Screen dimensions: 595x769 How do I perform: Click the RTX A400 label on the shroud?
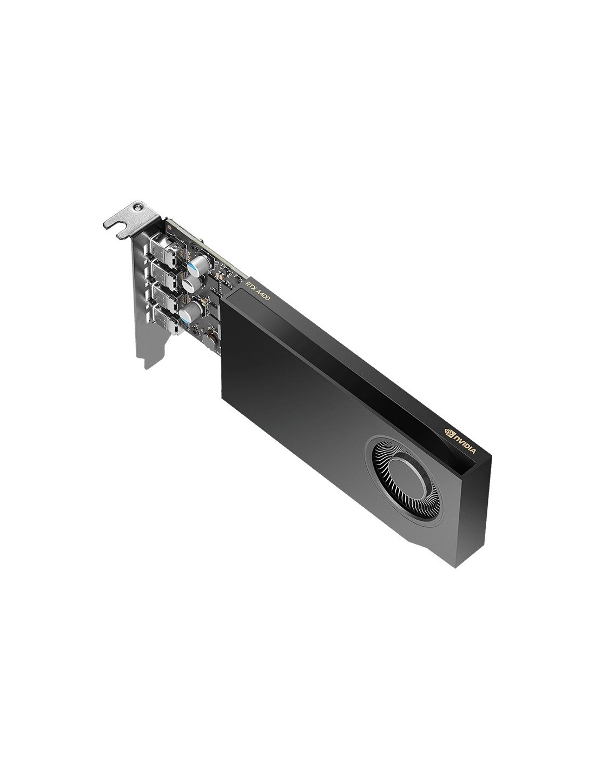[257, 291]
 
